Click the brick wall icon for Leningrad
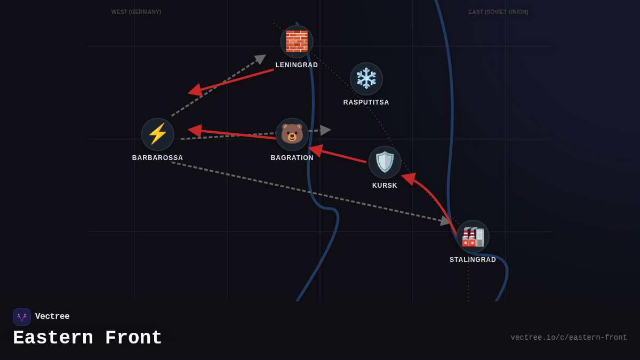[297, 42]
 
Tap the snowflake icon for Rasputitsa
[366, 79]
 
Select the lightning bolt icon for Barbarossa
[157, 134]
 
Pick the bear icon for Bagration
[292, 134]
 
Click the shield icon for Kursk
[385, 162]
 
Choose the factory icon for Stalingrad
[473, 236]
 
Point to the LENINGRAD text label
[297, 65]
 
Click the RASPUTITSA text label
[366, 102]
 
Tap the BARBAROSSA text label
[157, 158]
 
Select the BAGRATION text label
[292, 158]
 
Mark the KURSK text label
[385, 186]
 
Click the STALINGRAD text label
[473, 260]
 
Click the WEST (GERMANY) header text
[136, 12]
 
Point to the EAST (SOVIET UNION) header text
[498, 12]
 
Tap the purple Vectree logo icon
[22, 317]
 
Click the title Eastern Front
[87, 338]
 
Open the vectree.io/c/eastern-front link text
[569, 338]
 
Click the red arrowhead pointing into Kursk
[408, 178]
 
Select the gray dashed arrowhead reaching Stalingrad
[445, 221]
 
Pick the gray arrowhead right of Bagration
[325, 130]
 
